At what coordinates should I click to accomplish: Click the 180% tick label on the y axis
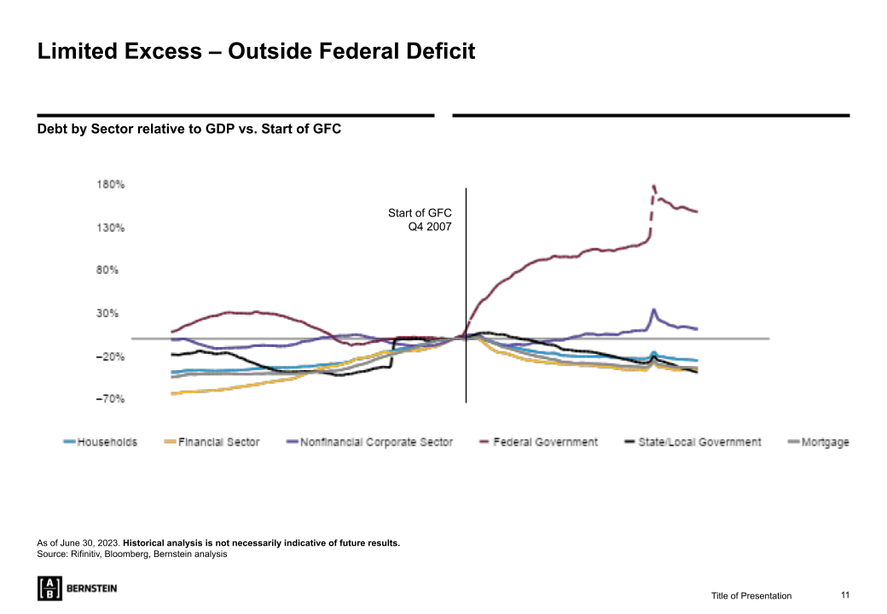pyautogui.click(x=111, y=184)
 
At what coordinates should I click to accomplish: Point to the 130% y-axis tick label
pyautogui.click(x=111, y=228)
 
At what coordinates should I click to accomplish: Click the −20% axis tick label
pyautogui.click(x=111, y=356)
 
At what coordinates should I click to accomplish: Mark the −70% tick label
pyautogui.click(x=111, y=399)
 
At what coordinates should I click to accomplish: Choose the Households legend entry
pyautogui.click(x=107, y=442)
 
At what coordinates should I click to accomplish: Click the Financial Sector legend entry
pyautogui.click(x=218, y=442)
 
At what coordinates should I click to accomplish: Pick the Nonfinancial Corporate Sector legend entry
pyautogui.click(x=376, y=442)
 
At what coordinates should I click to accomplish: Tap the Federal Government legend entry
pyautogui.click(x=545, y=442)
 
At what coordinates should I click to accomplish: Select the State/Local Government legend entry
pyautogui.click(x=699, y=442)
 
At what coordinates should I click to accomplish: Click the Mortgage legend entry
pyautogui.click(x=825, y=442)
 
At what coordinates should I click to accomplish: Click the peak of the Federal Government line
pyautogui.click(x=653, y=186)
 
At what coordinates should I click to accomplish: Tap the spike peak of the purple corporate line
pyautogui.click(x=653, y=310)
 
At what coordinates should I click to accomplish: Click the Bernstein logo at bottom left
pyautogui.click(x=78, y=588)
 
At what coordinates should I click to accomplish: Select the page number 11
pyautogui.click(x=845, y=594)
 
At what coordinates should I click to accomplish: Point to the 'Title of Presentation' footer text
pyautogui.click(x=751, y=595)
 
